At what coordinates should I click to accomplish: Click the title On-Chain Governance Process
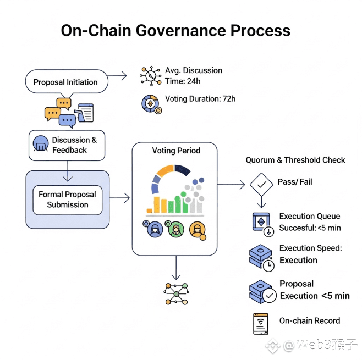(x=175, y=30)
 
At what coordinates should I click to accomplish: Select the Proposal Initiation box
(x=65, y=82)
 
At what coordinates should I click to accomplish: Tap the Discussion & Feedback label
(x=74, y=145)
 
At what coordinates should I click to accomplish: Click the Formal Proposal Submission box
(x=67, y=200)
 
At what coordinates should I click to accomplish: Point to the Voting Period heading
(x=176, y=151)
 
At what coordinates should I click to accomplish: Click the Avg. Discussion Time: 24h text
(x=194, y=76)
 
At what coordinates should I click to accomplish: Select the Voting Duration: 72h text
(x=200, y=99)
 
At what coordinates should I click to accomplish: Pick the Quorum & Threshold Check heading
(x=295, y=160)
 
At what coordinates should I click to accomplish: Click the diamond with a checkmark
(x=261, y=184)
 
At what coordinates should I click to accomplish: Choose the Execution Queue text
(x=309, y=217)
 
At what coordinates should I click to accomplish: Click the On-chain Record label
(x=309, y=320)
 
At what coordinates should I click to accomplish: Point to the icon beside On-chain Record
(x=261, y=324)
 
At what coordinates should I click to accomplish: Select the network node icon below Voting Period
(x=176, y=294)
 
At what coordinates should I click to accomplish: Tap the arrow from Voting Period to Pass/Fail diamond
(x=231, y=185)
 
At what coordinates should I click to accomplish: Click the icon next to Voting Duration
(x=150, y=103)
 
